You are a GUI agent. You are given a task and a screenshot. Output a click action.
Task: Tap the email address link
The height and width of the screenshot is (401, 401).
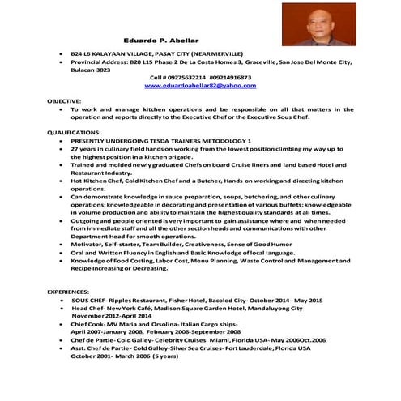[x=194, y=85]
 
